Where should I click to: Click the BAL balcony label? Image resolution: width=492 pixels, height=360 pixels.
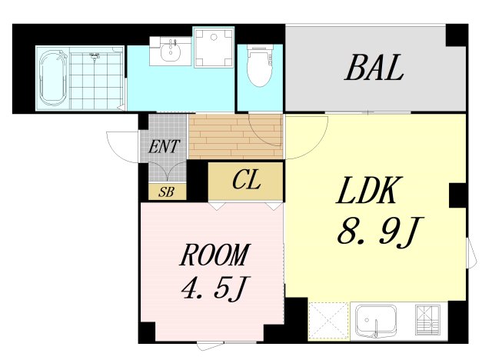(374, 68)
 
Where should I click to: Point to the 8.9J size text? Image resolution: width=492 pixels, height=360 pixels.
(381, 232)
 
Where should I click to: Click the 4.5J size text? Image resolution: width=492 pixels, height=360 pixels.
(216, 288)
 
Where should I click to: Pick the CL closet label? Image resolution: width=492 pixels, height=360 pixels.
(246, 181)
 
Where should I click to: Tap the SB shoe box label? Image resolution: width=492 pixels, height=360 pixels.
(166, 192)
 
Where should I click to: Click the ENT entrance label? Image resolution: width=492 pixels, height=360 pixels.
(164, 146)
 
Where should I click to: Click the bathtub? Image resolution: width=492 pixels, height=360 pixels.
(53, 78)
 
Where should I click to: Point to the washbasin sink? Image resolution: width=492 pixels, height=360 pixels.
(171, 51)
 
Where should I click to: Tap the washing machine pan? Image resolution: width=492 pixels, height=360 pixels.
(214, 47)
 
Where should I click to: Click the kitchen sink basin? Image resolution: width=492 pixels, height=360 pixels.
(376, 320)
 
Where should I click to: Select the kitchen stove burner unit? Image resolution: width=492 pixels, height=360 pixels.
(427, 320)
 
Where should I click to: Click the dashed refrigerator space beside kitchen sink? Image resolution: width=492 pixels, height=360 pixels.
(329, 321)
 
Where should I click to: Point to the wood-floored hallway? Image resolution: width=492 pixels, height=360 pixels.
(236, 136)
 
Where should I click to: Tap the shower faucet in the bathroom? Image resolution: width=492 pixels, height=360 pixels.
(94, 56)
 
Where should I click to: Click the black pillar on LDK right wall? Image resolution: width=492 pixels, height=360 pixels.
(458, 195)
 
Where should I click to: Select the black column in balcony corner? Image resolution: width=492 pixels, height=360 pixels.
(457, 35)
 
